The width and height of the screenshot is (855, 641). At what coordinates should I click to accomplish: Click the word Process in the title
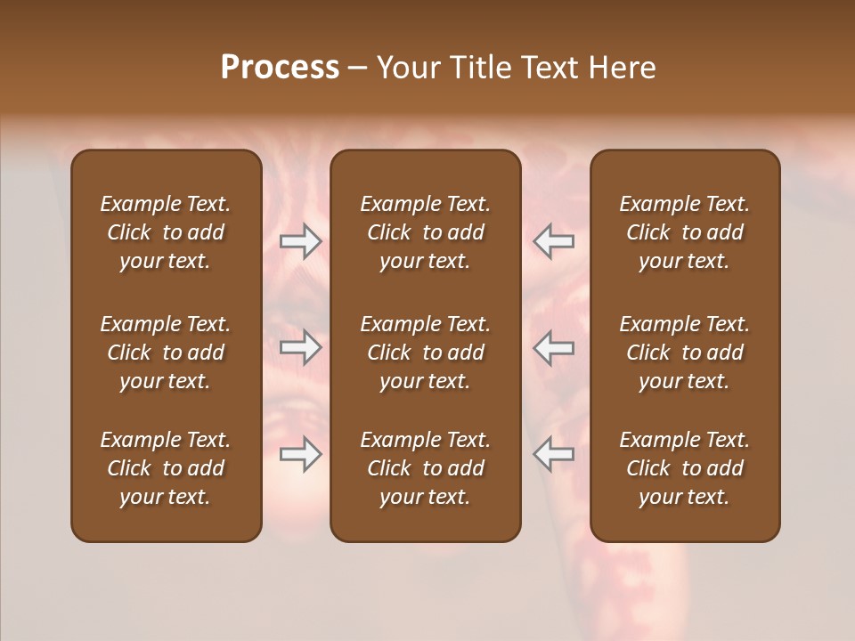tap(280, 67)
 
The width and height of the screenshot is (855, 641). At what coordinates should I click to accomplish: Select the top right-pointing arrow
tap(301, 241)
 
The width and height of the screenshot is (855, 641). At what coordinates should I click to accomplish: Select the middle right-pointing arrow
tap(301, 347)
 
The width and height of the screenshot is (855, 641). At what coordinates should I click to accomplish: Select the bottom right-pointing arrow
tap(301, 454)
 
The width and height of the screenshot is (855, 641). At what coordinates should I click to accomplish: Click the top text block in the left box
tap(166, 232)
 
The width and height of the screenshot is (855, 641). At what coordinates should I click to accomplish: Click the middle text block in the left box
tap(166, 353)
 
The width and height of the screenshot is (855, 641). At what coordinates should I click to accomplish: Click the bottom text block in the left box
tap(166, 468)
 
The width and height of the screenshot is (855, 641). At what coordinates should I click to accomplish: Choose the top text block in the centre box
tap(426, 232)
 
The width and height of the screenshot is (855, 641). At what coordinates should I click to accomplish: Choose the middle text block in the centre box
tap(426, 353)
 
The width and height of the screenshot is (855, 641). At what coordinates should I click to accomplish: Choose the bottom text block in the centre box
tap(426, 468)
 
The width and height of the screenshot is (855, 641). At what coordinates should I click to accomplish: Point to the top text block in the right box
tap(685, 232)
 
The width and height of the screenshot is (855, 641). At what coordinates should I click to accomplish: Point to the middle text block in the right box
tap(685, 353)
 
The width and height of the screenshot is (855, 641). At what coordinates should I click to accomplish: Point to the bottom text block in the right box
tap(685, 468)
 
